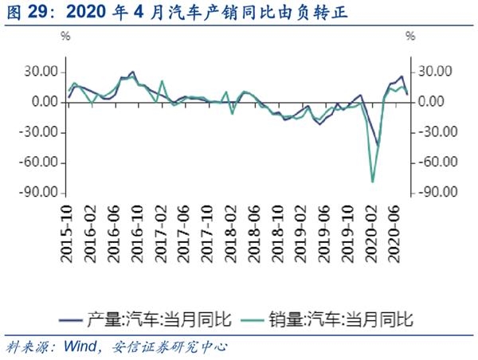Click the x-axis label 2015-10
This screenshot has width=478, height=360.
pos(68,232)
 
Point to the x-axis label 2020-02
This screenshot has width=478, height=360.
pos(371,232)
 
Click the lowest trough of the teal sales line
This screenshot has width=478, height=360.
pos(372,182)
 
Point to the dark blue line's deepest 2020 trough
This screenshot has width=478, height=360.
pos(378,145)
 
